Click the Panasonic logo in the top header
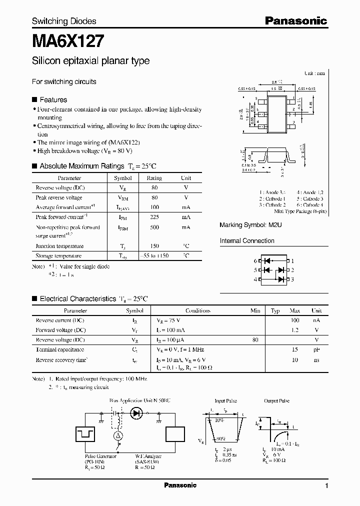point(295,21)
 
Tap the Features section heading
point(53,99)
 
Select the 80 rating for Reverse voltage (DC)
point(154,187)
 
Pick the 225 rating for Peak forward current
point(154,217)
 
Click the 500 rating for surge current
point(154,227)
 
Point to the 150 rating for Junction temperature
point(154,246)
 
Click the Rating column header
point(154,178)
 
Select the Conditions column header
point(197,310)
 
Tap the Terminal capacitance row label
point(60,350)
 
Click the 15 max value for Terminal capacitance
point(295,350)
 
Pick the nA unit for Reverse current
point(316,320)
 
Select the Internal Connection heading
point(247,241)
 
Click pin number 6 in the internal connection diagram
point(255,261)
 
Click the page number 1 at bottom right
point(326,486)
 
